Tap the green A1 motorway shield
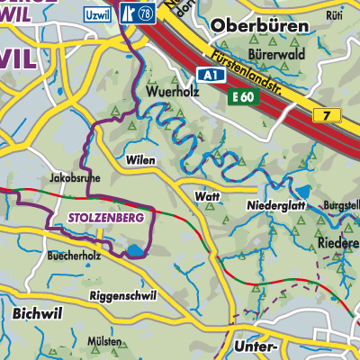tap(210, 77)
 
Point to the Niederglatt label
tap(272, 205)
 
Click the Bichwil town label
tap(38, 314)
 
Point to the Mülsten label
tap(105, 343)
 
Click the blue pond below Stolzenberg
tap(134, 251)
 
